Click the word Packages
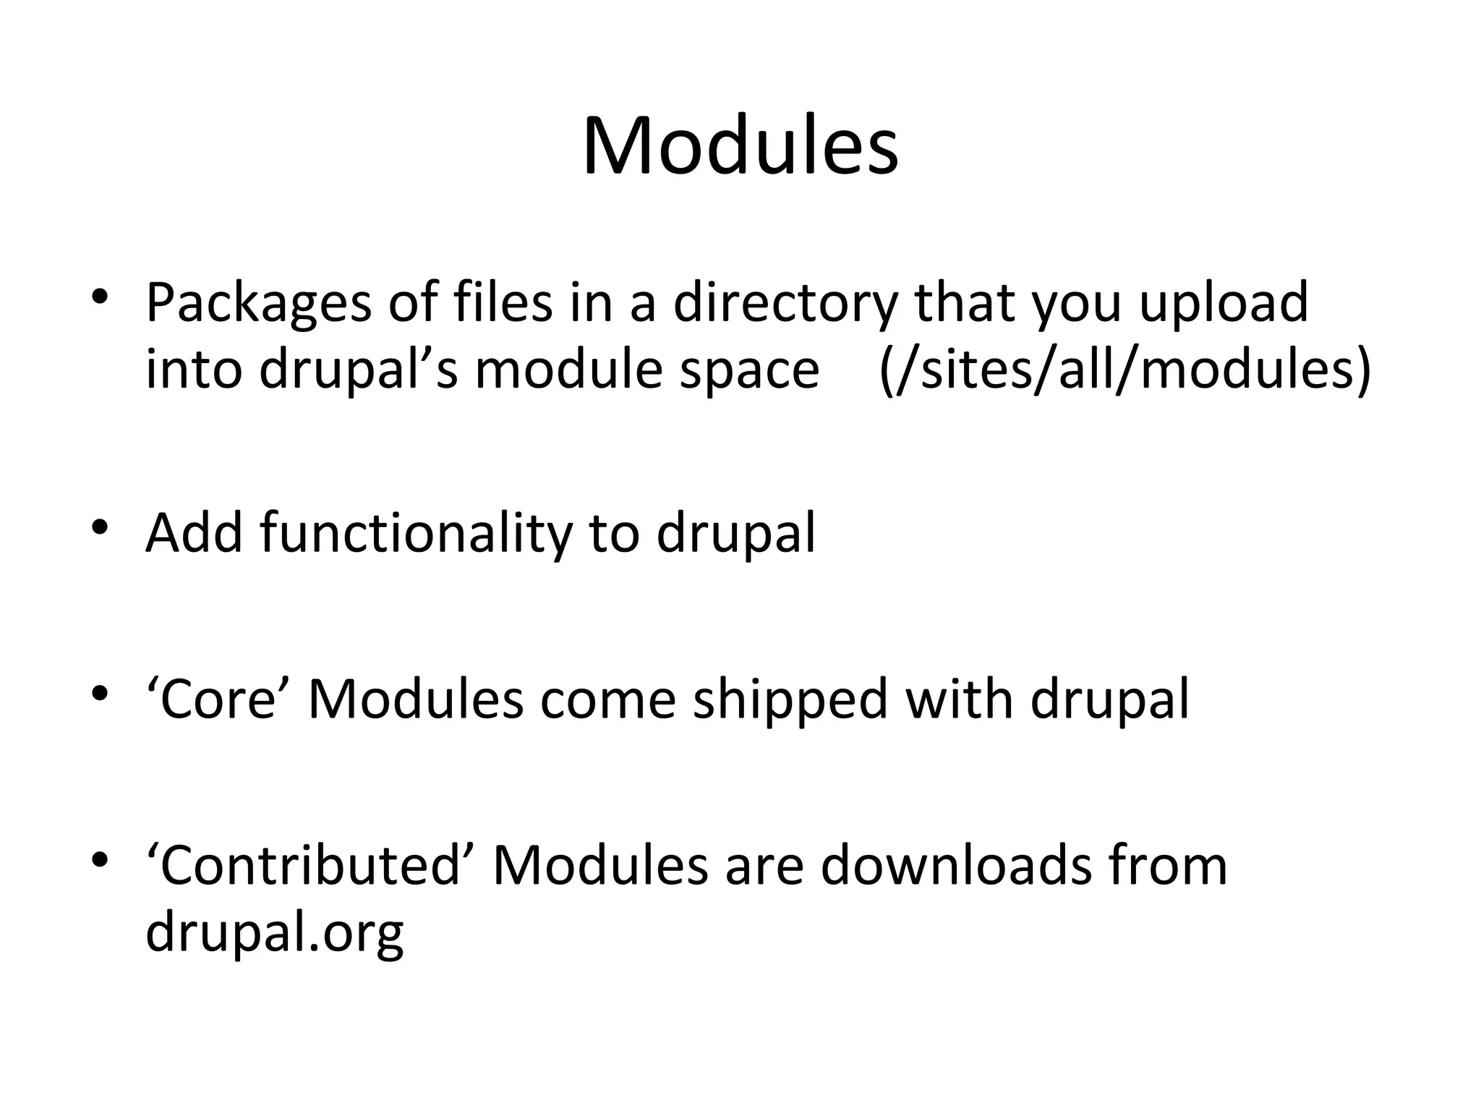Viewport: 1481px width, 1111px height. [x=258, y=304]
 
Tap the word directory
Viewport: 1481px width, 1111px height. [x=785, y=304]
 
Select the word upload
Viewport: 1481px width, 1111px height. [x=1224, y=304]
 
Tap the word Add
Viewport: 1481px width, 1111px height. [x=194, y=533]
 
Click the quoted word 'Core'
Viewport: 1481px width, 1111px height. [x=218, y=700]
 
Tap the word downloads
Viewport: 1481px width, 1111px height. [x=956, y=866]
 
